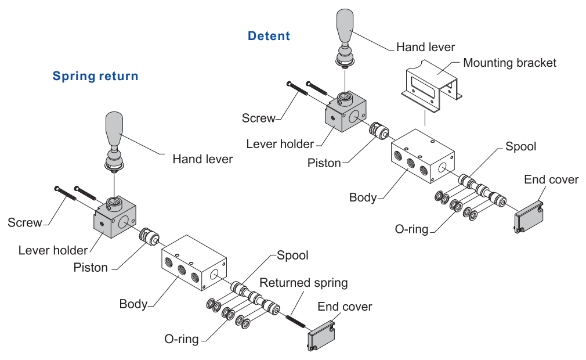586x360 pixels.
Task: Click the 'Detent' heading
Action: tap(269, 36)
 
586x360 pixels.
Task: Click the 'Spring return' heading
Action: tap(95, 76)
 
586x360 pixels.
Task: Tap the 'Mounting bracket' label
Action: tap(509, 63)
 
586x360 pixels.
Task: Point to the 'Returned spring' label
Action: tap(303, 283)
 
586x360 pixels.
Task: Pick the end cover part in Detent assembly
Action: tap(528, 215)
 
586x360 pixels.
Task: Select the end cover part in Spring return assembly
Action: tap(321, 336)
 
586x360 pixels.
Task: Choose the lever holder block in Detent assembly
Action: tap(346, 113)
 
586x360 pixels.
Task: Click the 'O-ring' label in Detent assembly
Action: tap(411, 229)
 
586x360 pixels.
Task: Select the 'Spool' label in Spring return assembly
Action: tap(292, 255)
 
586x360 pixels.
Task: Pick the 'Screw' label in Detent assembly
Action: tap(258, 118)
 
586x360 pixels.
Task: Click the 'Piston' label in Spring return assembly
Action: tap(91, 268)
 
